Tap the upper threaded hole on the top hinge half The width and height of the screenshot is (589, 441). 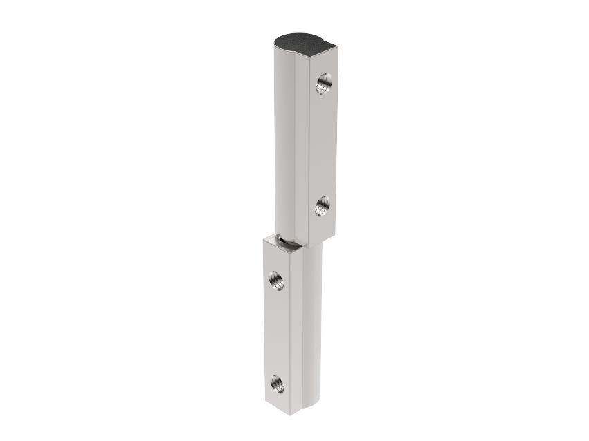[323, 84]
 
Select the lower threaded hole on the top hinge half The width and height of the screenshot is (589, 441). [323, 205]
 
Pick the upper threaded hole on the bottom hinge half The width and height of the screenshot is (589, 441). [276, 280]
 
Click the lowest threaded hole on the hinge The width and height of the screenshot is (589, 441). [276, 383]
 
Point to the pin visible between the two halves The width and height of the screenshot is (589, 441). [288, 241]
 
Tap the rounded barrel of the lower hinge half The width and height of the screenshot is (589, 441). [313, 325]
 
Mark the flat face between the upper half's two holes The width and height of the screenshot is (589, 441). [323, 145]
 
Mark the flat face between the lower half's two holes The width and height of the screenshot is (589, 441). [276, 332]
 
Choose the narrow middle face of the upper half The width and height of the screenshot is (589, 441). [302, 145]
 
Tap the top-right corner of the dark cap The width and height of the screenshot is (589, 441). [337, 47]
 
